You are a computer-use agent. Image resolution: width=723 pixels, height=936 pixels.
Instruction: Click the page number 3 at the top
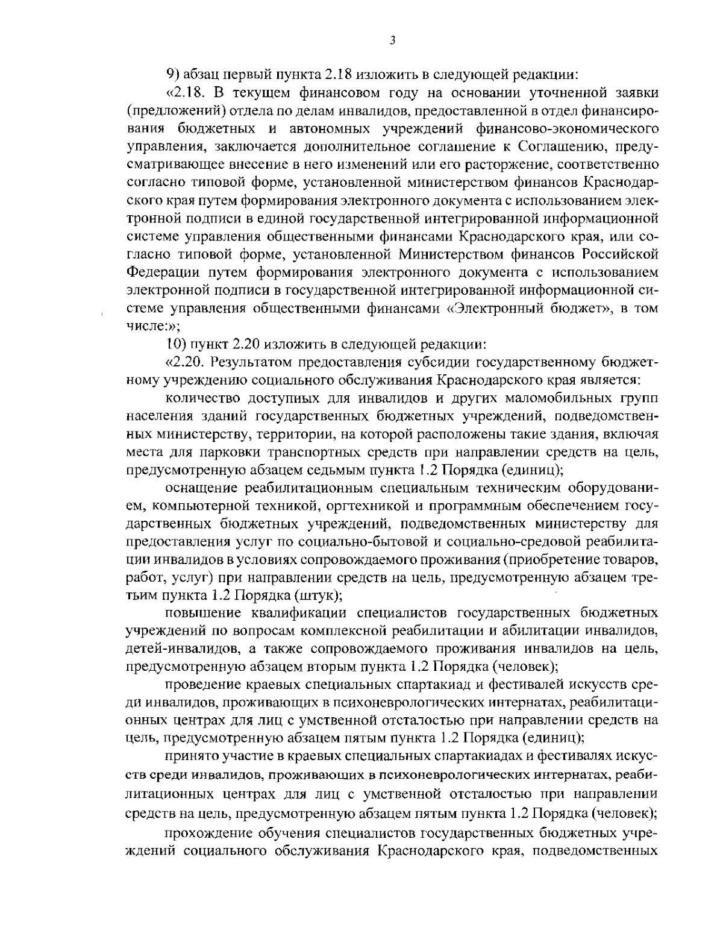pyautogui.click(x=392, y=40)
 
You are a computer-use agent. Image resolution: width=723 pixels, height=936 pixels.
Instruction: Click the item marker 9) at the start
pyautogui.click(x=174, y=77)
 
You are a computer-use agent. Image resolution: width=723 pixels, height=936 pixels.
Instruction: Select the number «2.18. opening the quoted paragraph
pyautogui.click(x=183, y=93)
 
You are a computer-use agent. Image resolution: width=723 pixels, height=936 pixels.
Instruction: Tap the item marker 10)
pyautogui.click(x=176, y=345)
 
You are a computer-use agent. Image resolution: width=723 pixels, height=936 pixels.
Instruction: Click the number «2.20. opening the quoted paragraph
pyautogui.click(x=184, y=362)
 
